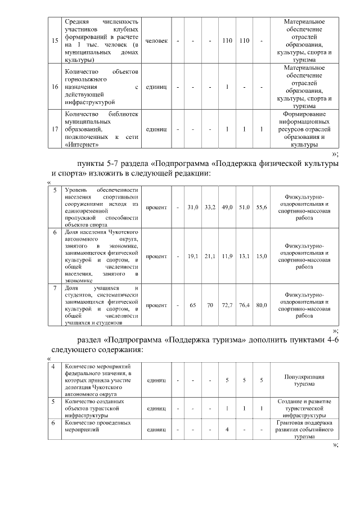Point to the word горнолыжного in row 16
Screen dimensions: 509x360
[87, 80]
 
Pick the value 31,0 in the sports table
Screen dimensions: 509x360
[193, 208]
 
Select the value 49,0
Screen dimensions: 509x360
[227, 208]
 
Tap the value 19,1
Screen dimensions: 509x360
[193, 256]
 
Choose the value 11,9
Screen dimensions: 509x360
[227, 256]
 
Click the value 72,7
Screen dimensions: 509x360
[227, 305]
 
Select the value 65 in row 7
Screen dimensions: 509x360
[193, 305]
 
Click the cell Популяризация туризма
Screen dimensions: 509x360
[304, 380]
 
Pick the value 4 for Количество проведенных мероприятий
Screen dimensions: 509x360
[227, 429]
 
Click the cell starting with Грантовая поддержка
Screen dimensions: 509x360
[304, 429]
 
